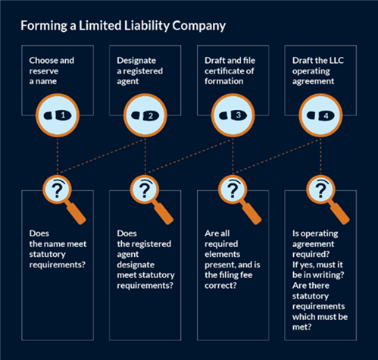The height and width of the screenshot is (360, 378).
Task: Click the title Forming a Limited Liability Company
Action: pyautogui.click(x=123, y=26)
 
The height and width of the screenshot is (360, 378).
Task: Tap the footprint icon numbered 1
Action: pyautogui.click(x=58, y=115)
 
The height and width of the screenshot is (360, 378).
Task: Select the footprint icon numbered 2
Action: pyautogui.click(x=145, y=115)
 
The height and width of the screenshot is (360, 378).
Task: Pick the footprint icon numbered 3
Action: pyautogui.click(x=233, y=115)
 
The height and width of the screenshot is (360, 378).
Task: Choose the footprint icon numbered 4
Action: pyautogui.click(x=320, y=115)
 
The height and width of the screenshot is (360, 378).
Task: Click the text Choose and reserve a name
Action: pyautogui.click(x=52, y=70)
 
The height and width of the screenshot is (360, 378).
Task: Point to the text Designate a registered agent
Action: pyautogui.click(x=139, y=70)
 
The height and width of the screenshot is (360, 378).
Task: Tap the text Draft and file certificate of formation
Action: pyautogui.click(x=230, y=70)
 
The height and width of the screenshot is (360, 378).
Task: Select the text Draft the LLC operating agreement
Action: pyautogui.click(x=318, y=70)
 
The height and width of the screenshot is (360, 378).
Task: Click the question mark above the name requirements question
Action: pyautogui.click(x=58, y=190)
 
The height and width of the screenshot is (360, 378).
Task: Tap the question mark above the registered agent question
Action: pyautogui.click(x=145, y=190)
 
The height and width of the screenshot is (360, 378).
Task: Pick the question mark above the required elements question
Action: pyautogui.click(x=233, y=190)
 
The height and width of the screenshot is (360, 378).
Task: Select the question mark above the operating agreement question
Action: pyautogui.click(x=320, y=190)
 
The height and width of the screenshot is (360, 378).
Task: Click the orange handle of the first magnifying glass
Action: pyautogui.click(x=76, y=214)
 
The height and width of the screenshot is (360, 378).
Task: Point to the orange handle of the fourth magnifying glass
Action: pyautogui.click(x=339, y=214)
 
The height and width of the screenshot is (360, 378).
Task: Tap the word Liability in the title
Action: pyautogui.click(x=146, y=26)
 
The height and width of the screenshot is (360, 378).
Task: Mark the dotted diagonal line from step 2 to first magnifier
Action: pyautogui.click(x=102, y=156)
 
